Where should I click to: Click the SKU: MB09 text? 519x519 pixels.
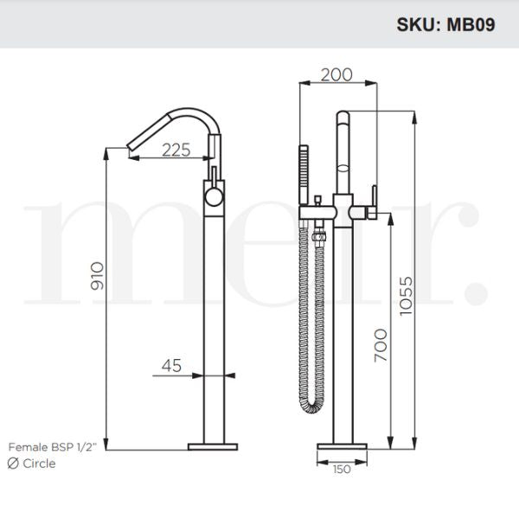pos(446,24)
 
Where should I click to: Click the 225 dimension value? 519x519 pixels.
pos(176,150)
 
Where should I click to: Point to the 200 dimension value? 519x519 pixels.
pos(336,74)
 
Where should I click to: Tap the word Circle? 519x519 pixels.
pos(40,464)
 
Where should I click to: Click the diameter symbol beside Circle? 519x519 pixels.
pos(13,464)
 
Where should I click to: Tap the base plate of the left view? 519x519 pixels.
pos(212,446)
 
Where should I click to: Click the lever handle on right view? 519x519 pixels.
pos(375,195)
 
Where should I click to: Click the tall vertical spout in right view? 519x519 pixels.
pos(343,156)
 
